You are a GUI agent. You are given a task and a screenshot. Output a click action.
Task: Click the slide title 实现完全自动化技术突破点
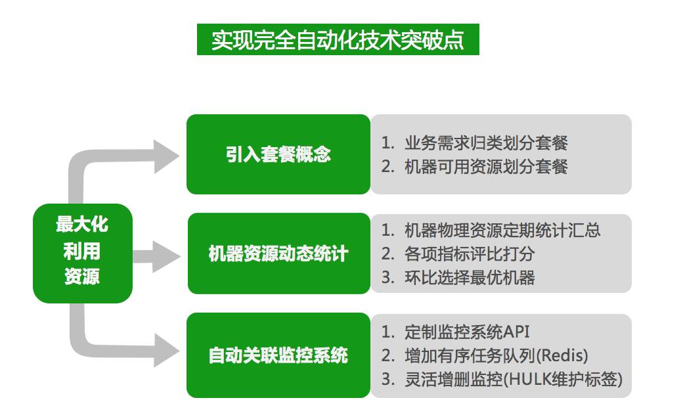(x=338, y=39)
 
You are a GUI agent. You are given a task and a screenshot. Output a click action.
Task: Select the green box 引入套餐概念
(x=278, y=154)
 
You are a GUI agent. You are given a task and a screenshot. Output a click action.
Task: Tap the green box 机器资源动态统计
(x=278, y=254)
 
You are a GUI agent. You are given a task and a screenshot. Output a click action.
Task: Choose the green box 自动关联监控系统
(x=278, y=355)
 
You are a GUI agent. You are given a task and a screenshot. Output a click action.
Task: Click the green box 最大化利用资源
(x=82, y=252)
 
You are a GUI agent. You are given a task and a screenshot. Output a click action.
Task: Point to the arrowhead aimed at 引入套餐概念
(x=167, y=156)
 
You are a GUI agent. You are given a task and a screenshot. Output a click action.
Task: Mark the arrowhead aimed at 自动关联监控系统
(x=167, y=349)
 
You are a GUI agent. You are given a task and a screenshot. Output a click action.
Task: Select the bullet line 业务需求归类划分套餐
(x=486, y=143)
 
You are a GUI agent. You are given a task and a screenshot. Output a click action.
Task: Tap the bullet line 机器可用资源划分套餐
(x=486, y=167)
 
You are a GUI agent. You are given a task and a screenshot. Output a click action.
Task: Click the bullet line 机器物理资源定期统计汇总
(x=502, y=230)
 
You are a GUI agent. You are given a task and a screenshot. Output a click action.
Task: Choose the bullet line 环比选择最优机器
(x=470, y=277)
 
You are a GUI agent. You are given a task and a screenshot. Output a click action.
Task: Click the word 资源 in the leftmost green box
(x=82, y=276)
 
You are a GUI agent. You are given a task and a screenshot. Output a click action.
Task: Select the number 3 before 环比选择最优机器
(x=387, y=277)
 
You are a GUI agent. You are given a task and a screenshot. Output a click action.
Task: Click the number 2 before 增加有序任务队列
(x=387, y=356)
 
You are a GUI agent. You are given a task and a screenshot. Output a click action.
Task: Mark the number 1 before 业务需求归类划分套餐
(x=387, y=143)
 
